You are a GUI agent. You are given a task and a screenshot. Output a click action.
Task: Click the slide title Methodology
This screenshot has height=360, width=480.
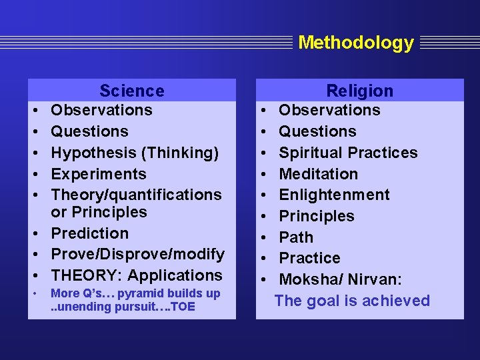coord(356,43)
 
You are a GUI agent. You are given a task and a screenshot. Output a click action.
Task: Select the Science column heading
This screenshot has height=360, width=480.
coord(131,91)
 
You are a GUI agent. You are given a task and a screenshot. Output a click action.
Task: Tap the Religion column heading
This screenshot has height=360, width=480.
coord(359,91)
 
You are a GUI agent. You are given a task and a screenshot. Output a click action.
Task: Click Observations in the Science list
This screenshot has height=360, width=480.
coord(101,110)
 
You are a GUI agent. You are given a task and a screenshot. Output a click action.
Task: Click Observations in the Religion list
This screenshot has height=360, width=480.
coord(329,110)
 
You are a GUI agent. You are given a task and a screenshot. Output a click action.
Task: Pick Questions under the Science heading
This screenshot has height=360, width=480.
coord(89,131)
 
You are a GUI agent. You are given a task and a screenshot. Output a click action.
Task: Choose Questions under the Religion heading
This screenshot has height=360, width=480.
coord(317,131)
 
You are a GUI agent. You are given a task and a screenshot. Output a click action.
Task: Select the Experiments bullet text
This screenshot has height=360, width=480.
coord(98,174)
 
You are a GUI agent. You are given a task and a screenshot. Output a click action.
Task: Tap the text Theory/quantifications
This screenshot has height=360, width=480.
coord(136,195)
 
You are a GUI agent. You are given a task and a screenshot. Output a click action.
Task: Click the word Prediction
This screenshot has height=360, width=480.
coord(89,233)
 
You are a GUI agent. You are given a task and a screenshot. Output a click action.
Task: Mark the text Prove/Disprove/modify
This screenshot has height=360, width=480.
coord(137,255)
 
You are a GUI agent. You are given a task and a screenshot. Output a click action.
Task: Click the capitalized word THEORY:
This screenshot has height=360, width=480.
coord(87,275)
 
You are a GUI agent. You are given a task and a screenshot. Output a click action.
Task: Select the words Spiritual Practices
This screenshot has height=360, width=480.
coord(348,153)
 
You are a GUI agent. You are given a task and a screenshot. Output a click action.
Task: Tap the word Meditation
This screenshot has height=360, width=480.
coord(318,174)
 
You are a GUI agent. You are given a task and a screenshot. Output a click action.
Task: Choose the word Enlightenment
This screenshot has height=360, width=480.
coord(334,195)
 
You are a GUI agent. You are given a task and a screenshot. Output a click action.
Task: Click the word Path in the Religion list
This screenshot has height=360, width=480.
coord(295,237)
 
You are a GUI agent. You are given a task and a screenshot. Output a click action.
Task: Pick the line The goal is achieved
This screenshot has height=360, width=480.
coord(352,301)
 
